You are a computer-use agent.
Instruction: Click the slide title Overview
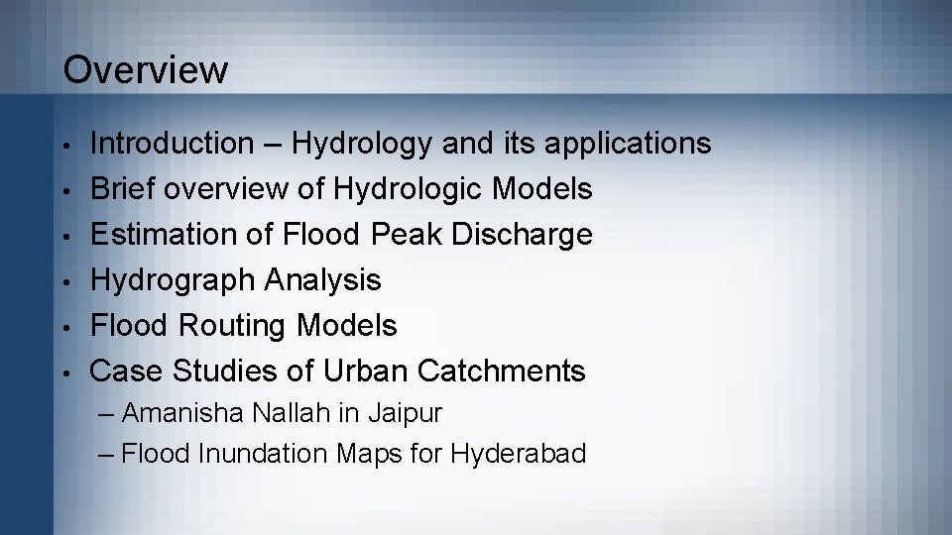145,70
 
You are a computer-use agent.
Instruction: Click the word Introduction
172,144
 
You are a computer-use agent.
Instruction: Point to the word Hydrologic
421,189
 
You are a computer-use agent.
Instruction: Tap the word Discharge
528,235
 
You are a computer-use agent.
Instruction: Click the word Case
126,371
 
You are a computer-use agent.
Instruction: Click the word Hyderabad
518,454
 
